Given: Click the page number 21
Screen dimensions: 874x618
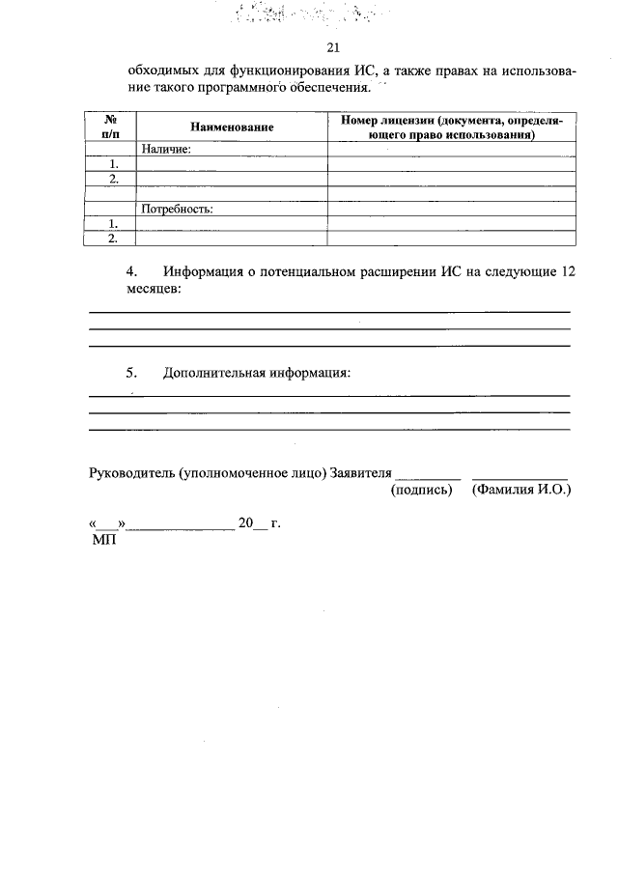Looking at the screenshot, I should [x=334, y=48].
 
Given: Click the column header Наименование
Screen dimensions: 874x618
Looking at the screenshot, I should [x=232, y=127].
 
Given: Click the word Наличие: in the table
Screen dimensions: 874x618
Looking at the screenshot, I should [x=166, y=150].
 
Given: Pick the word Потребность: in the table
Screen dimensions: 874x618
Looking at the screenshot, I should [x=177, y=208].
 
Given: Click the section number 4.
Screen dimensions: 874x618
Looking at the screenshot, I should [x=132, y=272].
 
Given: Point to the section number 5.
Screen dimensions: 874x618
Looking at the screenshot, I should [x=132, y=373].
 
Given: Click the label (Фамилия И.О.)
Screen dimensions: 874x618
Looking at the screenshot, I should [x=521, y=491].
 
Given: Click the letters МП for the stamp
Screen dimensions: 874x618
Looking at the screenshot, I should [x=103, y=541].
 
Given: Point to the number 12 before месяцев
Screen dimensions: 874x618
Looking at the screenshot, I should [x=568, y=272].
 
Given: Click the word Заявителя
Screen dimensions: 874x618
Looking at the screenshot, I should [x=361, y=473].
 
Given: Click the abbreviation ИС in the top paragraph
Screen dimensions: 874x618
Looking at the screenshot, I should [x=365, y=70].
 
